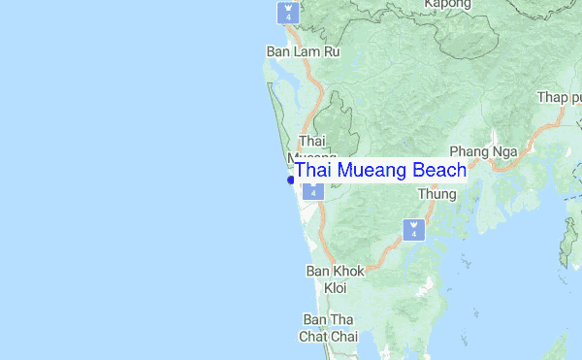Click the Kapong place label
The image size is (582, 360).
tap(447, 5)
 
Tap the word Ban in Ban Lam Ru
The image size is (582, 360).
tap(279, 51)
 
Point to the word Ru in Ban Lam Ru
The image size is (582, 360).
tap(332, 51)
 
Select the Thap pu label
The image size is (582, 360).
tap(560, 98)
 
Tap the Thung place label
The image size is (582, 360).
tap(436, 194)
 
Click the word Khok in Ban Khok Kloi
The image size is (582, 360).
tap(347, 272)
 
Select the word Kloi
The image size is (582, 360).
tap(335, 288)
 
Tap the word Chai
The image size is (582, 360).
tap(344, 337)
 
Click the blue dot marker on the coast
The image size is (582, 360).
tap(290, 180)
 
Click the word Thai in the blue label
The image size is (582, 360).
tap(311, 171)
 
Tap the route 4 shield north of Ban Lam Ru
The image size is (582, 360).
tap(287, 13)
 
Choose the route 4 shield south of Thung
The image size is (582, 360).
tap(413, 230)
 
